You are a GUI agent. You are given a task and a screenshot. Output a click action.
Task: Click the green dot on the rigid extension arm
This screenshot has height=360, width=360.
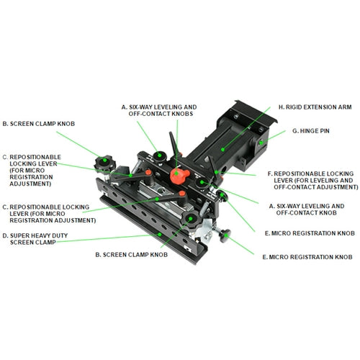click(x=224, y=149)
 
